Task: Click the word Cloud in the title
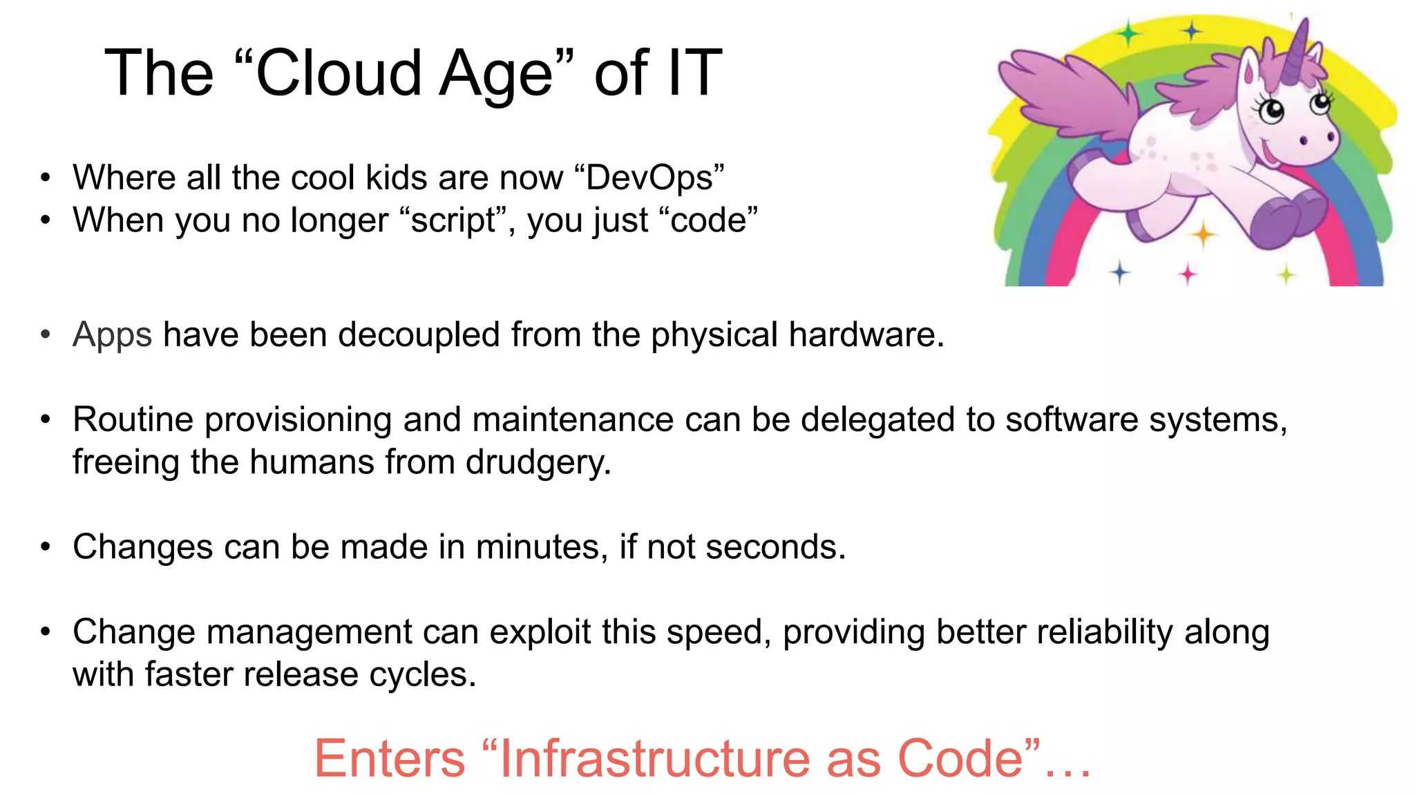[339, 73]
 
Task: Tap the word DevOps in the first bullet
[649, 178]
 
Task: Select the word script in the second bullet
[453, 220]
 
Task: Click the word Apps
[112, 335]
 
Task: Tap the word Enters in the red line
[390, 759]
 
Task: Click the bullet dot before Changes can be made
[46, 547]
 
